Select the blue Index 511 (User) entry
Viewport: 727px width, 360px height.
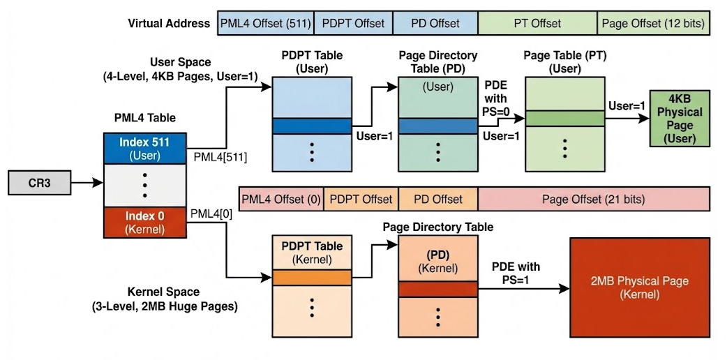pyautogui.click(x=144, y=149)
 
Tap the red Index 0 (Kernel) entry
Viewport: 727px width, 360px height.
pyautogui.click(x=144, y=222)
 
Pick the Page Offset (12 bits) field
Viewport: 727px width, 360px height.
pyautogui.click(x=653, y=23)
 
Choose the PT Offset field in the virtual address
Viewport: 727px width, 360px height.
pyautogui.click(x=537, y=23)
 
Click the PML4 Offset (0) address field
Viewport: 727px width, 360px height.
pyautogui.click(x=280, y=199)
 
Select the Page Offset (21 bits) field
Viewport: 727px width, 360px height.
pyautogui.click(x=593, y=199)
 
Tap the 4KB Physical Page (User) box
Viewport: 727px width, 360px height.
pyautogui.click(x=680, y=118)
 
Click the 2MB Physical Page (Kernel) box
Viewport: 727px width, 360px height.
pyautogui.click(x=640, y=287)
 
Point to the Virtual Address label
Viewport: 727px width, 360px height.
pyautogui.click(x=169, y=24)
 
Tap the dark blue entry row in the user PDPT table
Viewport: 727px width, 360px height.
pyautogui.click(x=312, y=126)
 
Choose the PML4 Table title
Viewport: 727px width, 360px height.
pyautogui.click(x=144, y=118)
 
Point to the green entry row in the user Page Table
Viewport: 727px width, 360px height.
pyautogui.click(x=564, y=119)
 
